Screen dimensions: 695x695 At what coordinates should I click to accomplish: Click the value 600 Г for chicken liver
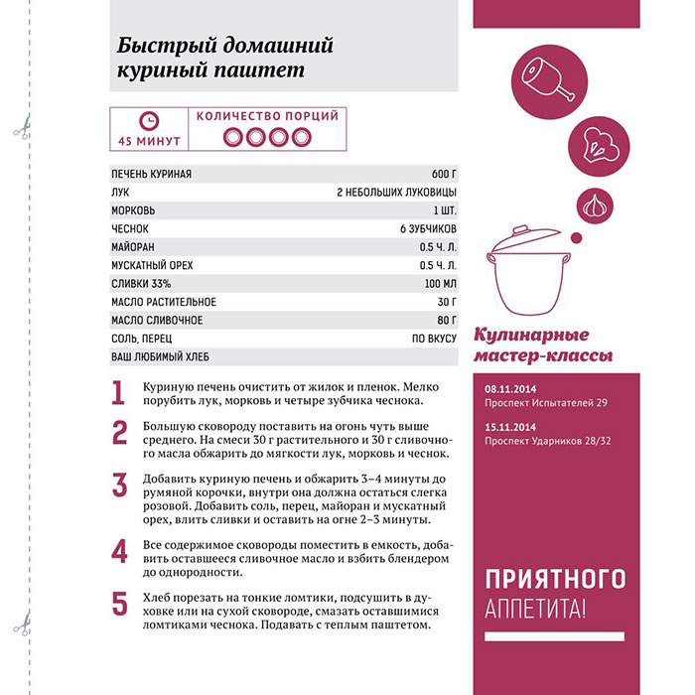[x=444, y=175]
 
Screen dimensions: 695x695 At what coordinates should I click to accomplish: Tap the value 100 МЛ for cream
[x=438, y=284]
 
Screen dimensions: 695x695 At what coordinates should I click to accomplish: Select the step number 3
[x=119, y=486]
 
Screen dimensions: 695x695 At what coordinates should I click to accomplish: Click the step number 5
[x=119, y=603]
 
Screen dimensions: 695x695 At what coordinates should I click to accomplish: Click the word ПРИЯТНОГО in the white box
[x=555, y=578]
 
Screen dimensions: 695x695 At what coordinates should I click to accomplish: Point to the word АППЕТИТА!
[x=536, y=608]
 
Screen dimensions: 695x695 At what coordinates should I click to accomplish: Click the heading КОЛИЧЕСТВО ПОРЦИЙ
[x=267, y=116]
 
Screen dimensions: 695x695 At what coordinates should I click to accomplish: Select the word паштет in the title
[x=250, y=71]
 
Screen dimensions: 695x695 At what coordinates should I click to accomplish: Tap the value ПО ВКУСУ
[x=435, y=339]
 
